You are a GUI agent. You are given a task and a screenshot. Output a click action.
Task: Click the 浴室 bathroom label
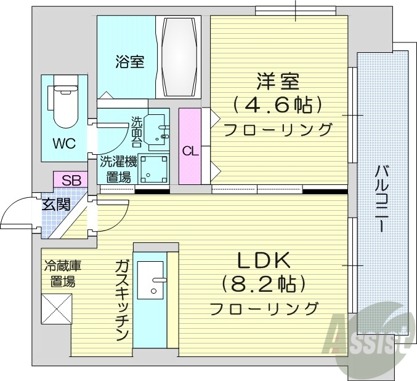130,61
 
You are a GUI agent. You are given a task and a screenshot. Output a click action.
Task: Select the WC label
63,144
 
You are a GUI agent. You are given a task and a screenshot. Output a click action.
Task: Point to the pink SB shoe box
71,179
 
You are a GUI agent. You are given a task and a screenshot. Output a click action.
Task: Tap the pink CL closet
190,147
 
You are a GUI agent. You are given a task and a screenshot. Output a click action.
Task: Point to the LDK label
265,261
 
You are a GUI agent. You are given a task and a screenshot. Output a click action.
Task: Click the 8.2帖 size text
265,284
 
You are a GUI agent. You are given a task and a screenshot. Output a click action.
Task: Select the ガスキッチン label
121,300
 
